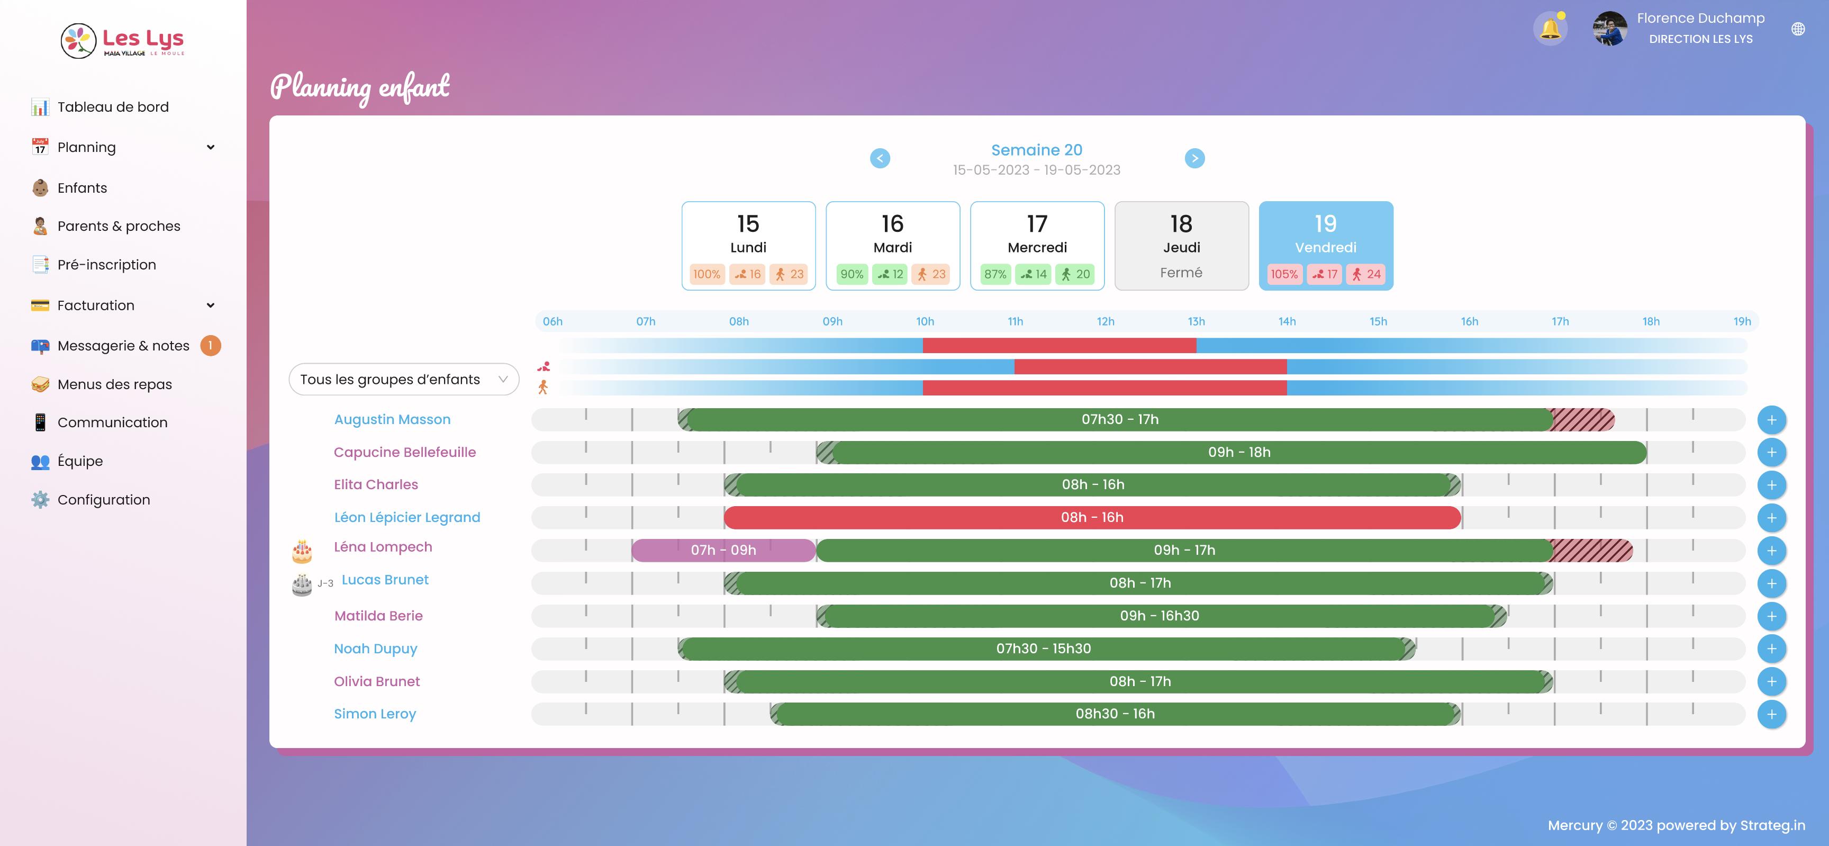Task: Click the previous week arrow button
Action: coord(880,158)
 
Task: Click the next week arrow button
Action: coord(1194,158)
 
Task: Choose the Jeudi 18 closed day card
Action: coord(1181,245)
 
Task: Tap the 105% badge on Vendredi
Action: coord(1284,274)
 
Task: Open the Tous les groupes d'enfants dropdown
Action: coord(403,379)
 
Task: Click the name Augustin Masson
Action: coord(392,419)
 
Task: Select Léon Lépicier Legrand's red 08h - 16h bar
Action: coord(1091,518)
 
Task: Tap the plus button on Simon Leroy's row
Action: coord(1771,714)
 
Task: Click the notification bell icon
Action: coord(1550,29)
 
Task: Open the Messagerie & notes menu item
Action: coord(123,346)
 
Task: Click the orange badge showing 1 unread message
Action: coord(210,346)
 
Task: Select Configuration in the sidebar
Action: coord(104,499)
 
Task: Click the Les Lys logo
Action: coord(123,40)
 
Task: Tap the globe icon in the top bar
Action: coord(1797,29)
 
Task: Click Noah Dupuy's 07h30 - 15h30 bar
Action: coord(1043,649)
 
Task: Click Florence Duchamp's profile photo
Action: coord(1609,29)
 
